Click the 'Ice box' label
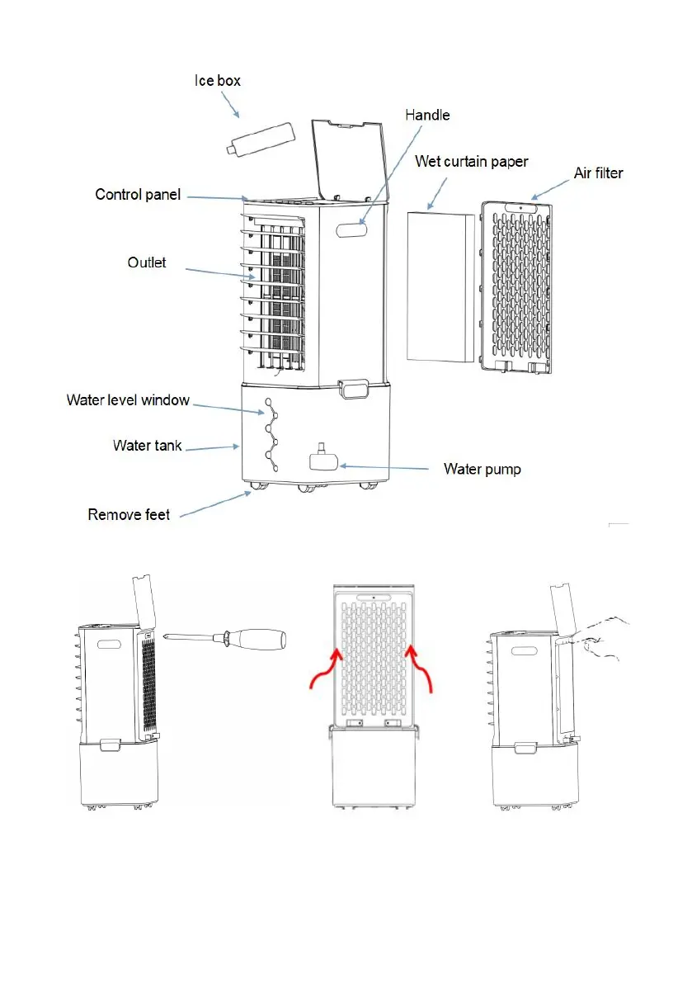(218, 81)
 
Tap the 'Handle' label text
(427, 115)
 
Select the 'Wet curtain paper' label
(472, 160)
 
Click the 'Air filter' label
(598, 173)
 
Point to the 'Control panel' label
(138, 195)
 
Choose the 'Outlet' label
(147, 262)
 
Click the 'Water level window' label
(128, 400)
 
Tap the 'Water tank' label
(148, 446)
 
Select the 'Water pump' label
(483, 469)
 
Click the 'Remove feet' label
(129, 514)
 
